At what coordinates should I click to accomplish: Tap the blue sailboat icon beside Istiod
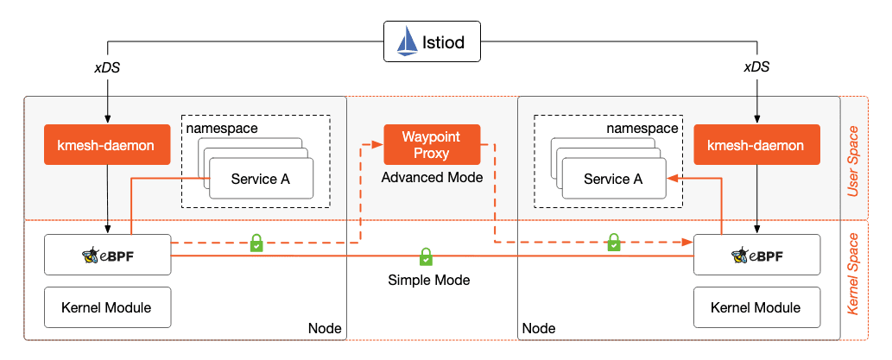(x=407, y=41)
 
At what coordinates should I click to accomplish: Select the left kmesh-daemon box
(x=106, y=145)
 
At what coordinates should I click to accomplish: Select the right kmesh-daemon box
(x=756, y=145)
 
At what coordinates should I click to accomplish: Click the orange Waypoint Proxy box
(x=432, y=145)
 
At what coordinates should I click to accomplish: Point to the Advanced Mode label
(x=432, y=177)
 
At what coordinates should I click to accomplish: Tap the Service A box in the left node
(x=260, y=179)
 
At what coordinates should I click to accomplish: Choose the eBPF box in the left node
(x=107, y=256)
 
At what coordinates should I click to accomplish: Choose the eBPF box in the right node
(x=756, y=256)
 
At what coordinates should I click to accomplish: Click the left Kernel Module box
(x=107, y=307)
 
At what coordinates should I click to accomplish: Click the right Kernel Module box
(x=756, y=307)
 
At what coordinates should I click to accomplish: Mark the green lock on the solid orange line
(x=426, y=256)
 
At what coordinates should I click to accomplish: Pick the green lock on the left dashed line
(x=256, y=243)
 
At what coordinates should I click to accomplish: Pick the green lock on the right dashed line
(x=613, y=243)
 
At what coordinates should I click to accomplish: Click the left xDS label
(x=106, y=67)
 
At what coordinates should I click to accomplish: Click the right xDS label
(x=756, y=67)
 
